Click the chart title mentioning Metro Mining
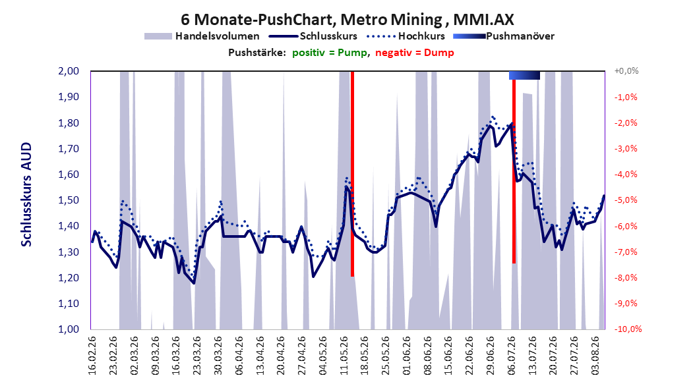347,20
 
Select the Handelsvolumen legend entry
202,36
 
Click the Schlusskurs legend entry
313,36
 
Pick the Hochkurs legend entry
405,36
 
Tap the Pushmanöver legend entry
504,36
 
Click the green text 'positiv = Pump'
329,53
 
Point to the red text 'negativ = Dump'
415,53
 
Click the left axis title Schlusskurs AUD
26,194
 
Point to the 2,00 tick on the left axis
69,71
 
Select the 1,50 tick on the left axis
69,200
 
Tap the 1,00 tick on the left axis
69,329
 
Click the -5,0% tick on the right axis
626,200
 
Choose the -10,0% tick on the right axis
628,329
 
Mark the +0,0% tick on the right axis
626,71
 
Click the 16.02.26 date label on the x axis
92,356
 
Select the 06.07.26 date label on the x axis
511,356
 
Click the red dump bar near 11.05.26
352,174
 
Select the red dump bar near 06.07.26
514,171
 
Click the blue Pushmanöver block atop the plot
524,75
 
